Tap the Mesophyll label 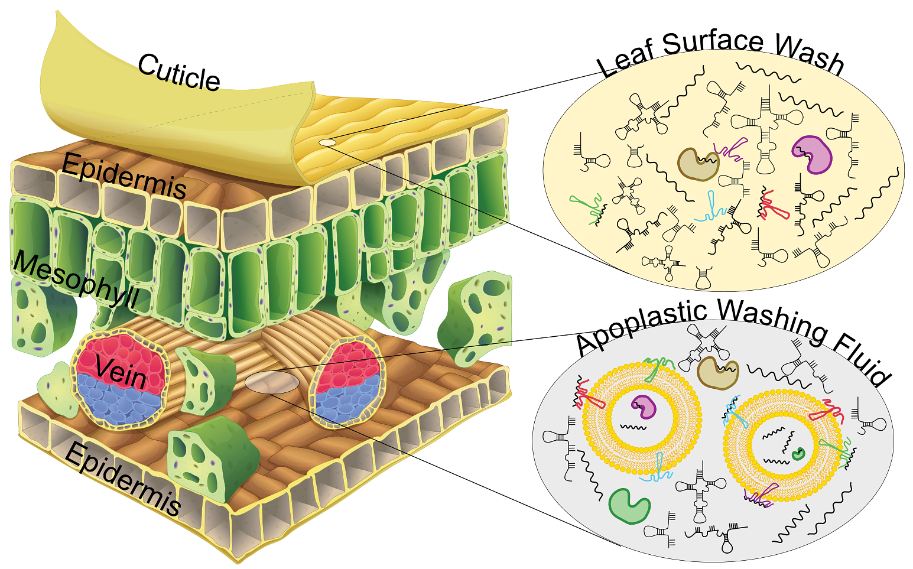click(x=77, y=280)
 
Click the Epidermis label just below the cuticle click(x=124, y=175)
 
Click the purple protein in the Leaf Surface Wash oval click(x=813, y=154)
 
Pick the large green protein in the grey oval click(x=628, y=506)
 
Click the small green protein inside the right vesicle click(x=798, y=454)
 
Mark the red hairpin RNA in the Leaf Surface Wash click(x=771, y=205)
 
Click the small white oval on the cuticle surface click(x=327, y=142)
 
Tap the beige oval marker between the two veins click(x=272, y=382)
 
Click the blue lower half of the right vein click(x=346, y=399)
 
